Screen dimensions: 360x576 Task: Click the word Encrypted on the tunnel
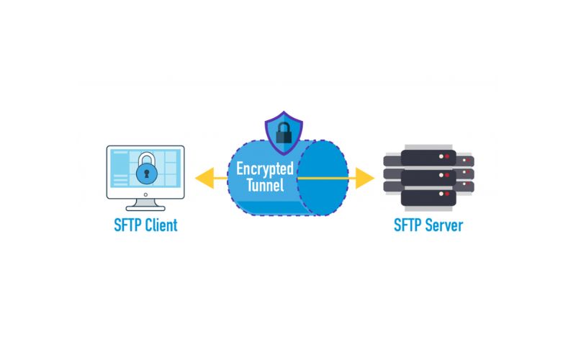(x=265, y=170)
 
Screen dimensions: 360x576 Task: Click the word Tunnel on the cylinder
(x=265, y=186)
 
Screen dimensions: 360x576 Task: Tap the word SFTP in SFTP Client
(x=125, y=225)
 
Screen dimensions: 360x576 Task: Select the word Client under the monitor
(x=159, y=225)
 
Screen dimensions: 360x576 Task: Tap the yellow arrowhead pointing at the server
(x=366, y=177)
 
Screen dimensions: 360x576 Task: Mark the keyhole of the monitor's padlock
(x=147, y=173)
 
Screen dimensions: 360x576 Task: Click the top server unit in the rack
(x=428, y=157)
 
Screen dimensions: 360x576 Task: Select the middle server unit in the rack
(x=428, y=175)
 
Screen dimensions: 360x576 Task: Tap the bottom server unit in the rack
(x=428, y=193)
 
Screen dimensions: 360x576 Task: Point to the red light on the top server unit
(x=446, y=156)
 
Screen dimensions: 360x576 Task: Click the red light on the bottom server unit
(x=446, y=193)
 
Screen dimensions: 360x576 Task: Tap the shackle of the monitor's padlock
(x=147, y=157)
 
